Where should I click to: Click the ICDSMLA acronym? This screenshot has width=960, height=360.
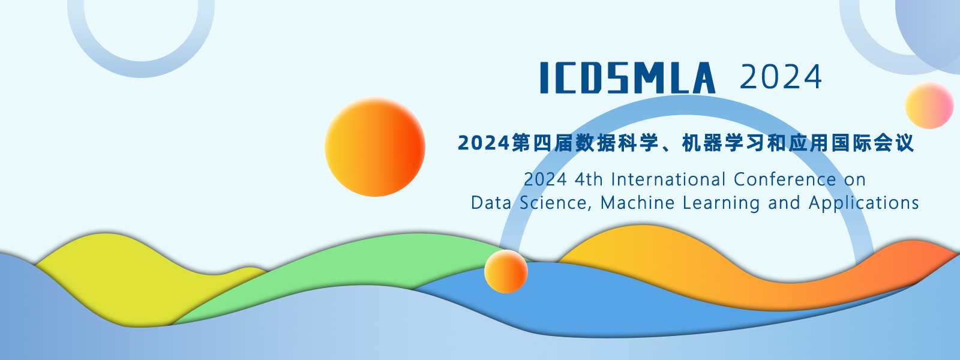point(628,77)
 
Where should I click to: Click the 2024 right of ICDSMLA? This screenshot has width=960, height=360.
point(781,77)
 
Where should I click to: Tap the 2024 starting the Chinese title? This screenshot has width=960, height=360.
point(484,143)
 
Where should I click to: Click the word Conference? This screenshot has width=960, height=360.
point(784,179)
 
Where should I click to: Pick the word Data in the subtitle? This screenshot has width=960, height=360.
point(491,203)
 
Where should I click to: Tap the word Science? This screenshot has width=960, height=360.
point(556,203)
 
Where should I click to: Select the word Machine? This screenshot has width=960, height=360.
point(637,203)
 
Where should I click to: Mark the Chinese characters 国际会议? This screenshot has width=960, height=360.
point(872,143)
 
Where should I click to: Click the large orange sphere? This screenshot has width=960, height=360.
point(375,147)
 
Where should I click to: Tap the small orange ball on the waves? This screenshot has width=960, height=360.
point(506,272)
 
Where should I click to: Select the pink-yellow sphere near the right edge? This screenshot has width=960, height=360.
point(929,106)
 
